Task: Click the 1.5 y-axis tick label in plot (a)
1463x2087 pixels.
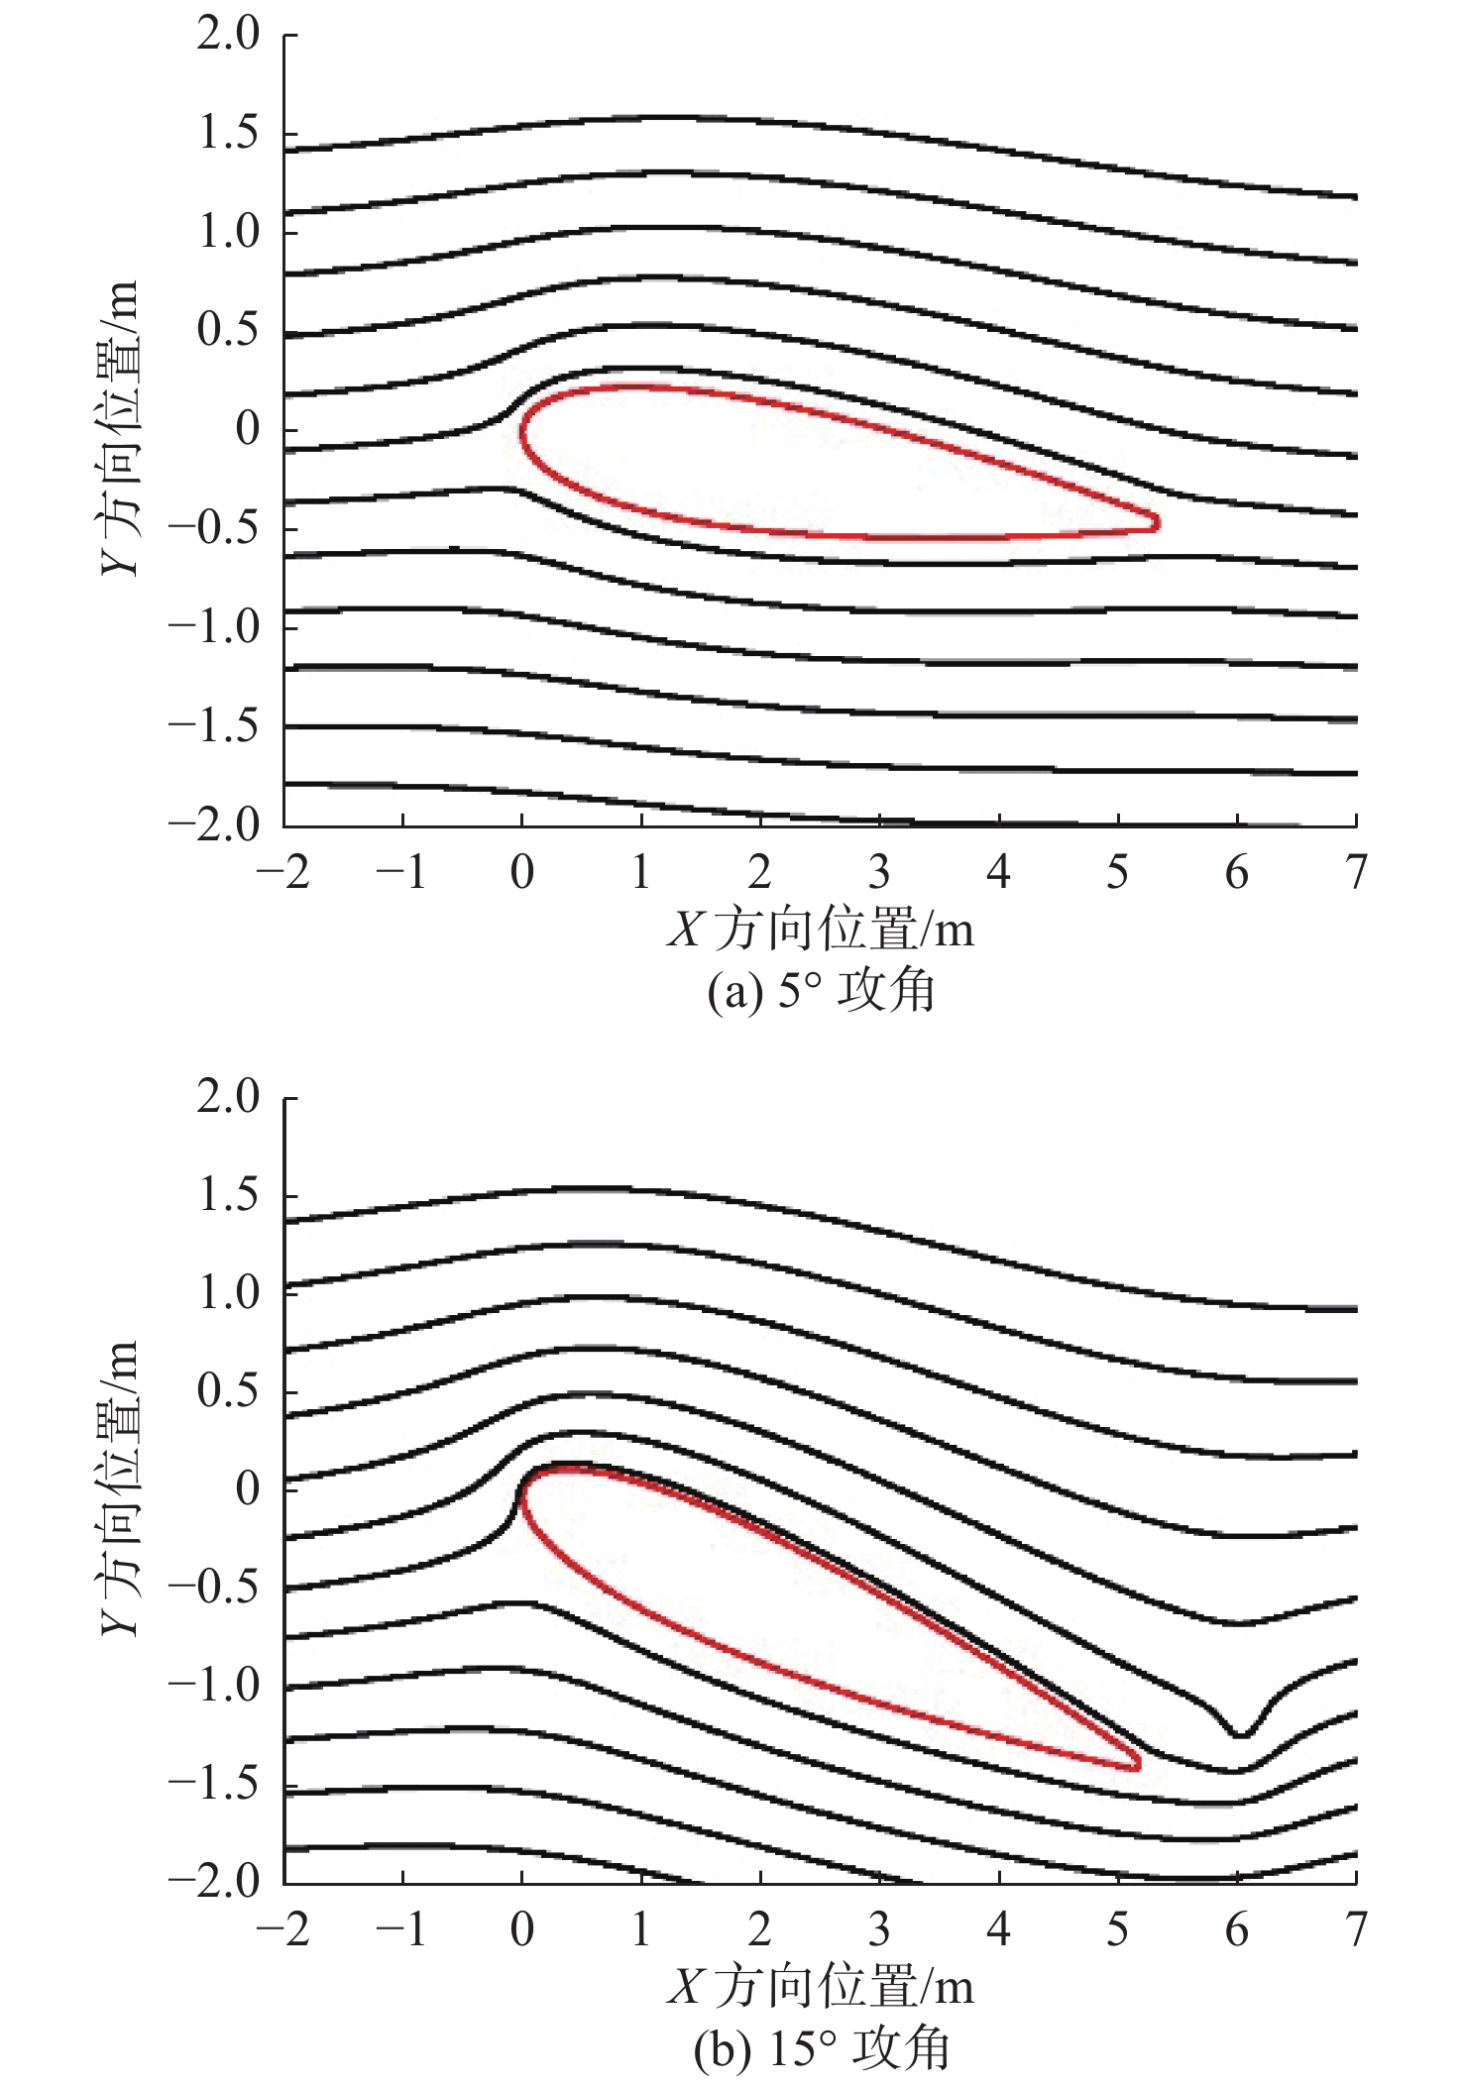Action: pyautogui.click(x=228, y=133)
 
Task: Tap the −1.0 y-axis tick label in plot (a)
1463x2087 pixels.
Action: pyautogui.click(x=214, y=627)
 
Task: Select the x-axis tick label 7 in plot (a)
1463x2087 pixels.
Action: pyautogui.click(x=1356, y=872)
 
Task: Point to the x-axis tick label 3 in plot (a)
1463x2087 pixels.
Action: pyautogui.click(x=879, y=872)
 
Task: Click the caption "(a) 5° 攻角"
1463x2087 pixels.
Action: pyautogui.click(x=821, y=990)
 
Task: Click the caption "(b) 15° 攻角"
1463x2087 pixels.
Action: pyautogui.click(x=821, y=2049)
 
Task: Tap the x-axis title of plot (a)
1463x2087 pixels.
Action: pyautogui.click(x=821, y=931)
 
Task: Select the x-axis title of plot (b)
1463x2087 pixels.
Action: pyautogui.click(x=821, y=1988)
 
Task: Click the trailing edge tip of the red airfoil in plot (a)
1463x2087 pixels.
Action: pyautogui.click(x=1157, y=521)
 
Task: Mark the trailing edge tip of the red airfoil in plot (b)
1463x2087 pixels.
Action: pyautogui.click(x=1138, y=1764)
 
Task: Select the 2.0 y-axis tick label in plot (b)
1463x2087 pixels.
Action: pyautogui.click(x=228, y=1097)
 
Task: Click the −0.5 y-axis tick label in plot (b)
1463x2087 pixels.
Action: pyautogui.click(x=214, y=1587)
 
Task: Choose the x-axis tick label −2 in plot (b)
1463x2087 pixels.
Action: pyautogui.click(x=283, y=1930)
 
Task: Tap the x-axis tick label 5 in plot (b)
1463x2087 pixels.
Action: pyautogui.click(x=1118, y=1930)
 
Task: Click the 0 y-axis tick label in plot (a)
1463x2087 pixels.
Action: pyautogui.click(x=248, y=429)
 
